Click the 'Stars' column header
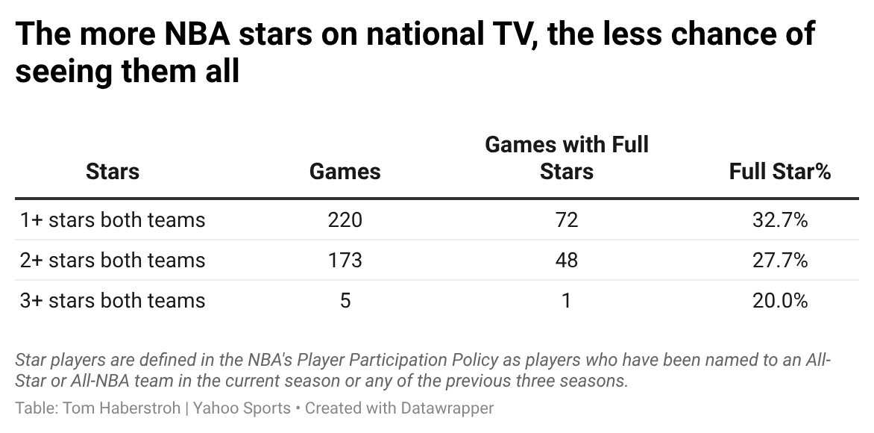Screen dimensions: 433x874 113,172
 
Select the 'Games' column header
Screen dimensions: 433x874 345,172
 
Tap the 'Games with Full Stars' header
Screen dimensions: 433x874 567,158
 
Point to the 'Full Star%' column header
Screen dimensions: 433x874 780,172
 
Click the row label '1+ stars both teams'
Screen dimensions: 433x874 113,220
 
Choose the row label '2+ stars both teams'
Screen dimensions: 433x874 113,261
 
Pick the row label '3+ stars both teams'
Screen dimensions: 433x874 113,301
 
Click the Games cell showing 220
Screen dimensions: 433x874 345,220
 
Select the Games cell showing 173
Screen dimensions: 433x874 345,261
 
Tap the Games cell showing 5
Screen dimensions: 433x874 345,301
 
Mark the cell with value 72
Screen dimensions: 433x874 567,220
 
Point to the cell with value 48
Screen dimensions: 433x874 567,261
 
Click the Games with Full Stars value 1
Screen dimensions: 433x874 567,301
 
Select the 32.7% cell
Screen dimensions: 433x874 780,220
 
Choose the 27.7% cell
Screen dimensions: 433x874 780,261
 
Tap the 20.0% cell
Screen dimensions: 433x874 780,301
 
